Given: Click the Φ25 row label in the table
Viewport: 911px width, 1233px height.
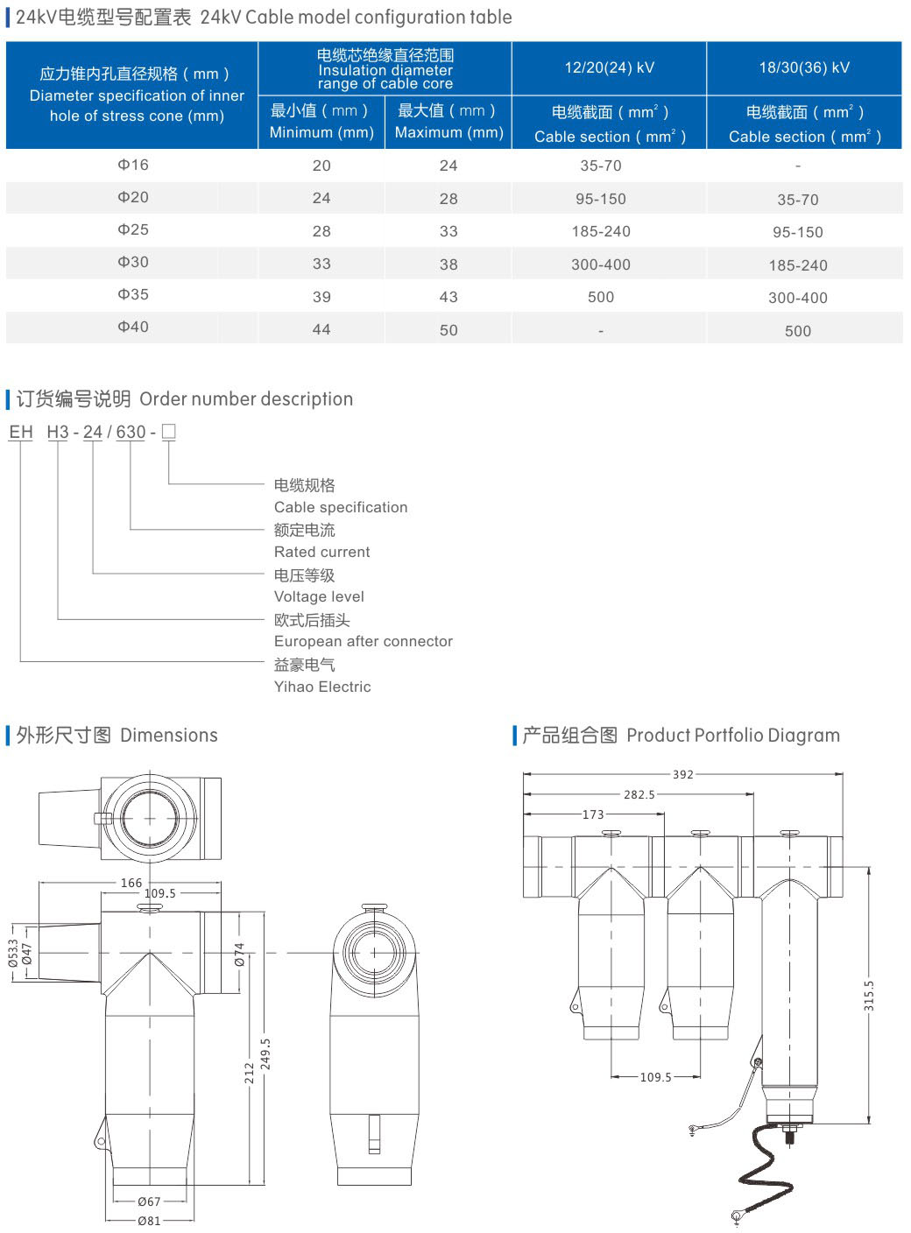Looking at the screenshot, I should pyautogui.click(x=133, y=229).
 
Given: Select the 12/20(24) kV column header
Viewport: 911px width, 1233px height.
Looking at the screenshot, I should pyautogui.click(x=609, y=67).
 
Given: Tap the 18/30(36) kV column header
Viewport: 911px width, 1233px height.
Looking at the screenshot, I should pyautogui.click(x=804, y=67).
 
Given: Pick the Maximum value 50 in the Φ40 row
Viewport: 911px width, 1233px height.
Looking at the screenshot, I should pyautogui.click(x=448, y=330).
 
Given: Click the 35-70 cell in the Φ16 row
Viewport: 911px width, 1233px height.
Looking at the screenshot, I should pyautogui.click(x=601, y=166).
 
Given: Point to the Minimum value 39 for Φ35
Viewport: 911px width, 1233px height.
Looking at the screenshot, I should pyautogui.click(x=321, y=297).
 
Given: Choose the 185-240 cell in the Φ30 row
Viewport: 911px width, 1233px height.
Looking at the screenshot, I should pyautogui.click(x=797, y=265).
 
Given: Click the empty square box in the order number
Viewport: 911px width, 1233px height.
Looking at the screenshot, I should pyautogui.click(x=169, y=431).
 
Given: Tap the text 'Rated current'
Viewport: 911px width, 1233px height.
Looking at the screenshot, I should pyautogui.click(x=321, y=552).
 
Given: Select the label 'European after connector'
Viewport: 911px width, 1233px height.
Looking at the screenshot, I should pyautogui.click(x=363, y=641).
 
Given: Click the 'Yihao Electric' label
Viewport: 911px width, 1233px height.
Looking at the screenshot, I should pyautogui.click(x=322, y=687).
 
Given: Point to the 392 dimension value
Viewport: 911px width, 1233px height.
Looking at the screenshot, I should pyautogui.click(x=683, y=774).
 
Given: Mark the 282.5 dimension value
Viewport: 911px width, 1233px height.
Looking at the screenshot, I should pyautogui.click(x=639, y=794).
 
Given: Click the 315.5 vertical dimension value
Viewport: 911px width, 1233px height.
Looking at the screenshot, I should pyautogui.click(x=869, y=996).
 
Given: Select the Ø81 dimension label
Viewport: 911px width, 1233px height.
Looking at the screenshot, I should pyautogui.click(x=149, y=1221).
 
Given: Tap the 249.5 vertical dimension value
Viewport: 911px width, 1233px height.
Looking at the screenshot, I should pyautogui.click(x=265, y=1054).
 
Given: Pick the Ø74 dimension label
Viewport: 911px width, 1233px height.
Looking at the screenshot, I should pyautogui.click(x=239, y=955).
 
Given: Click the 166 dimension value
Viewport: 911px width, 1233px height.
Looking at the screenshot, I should pyautogui.click(x=131, y=883).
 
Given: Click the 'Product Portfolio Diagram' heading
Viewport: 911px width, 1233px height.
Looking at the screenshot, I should pyautogui.click(x=732, y=736).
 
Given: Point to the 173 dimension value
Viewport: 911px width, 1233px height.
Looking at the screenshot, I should pyautogui.click(x=593, y=814).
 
